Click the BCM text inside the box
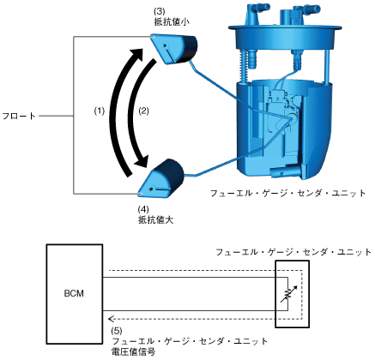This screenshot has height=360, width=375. (x=74, y=293)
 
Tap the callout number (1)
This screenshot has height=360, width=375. (x=100, y=111)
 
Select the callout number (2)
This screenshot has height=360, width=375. (x=144, y=111)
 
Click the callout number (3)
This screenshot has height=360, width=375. (x=160, y=12)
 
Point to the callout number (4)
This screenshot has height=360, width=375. (x=143, y=209)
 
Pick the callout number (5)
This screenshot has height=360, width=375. (x=117, y=331)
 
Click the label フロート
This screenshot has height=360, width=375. (x=19, y=116)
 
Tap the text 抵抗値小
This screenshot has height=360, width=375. (x=172, y=22)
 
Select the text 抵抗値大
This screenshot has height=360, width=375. (x=156, y=219)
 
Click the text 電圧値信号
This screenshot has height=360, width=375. (x=133, y=351)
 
